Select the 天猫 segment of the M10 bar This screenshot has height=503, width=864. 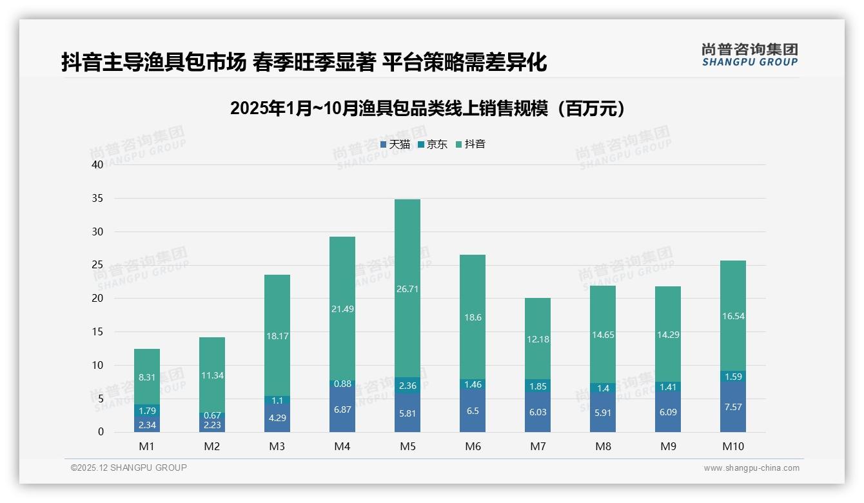click(x=732, y=407)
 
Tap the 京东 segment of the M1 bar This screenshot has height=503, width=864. click(x=147, y=410)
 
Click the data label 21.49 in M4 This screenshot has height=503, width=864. click(x=342, y=309)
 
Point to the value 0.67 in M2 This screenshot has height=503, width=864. click(x=212, y=415)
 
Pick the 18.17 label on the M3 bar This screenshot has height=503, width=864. click(x=277, y=336)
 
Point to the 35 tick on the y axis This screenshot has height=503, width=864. click(x=97, y=198)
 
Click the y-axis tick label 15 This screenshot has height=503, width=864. click(x=97, y=331)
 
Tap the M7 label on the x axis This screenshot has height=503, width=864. click(x=537, y=446)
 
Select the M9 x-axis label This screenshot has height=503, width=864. click(x=667, y=446)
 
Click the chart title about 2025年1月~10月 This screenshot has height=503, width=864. click(x=427, y=108)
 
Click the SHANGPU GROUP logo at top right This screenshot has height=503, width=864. click(x=749, y=55)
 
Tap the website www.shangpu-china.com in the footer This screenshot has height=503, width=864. click(x=751, y=468)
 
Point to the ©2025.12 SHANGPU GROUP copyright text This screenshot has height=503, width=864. click(x=129, y=468)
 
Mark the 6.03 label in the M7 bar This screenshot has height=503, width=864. click(x=537, y=412)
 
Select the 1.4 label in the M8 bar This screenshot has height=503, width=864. click(x=602, y=388)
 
